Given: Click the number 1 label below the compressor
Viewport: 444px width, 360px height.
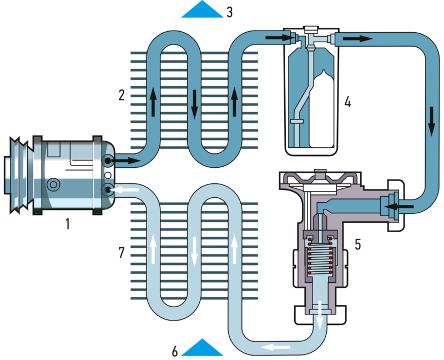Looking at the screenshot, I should click(67, 224).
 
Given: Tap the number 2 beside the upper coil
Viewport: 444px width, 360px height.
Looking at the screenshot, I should click(122, 94).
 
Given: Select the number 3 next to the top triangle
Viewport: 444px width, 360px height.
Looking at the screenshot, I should click(229, 11).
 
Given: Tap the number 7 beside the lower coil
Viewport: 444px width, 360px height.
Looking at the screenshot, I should click(122, 253).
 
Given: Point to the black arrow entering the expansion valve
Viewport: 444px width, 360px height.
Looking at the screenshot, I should click(401, 208).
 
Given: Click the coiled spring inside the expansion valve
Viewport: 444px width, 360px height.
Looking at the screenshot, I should click(319, 258).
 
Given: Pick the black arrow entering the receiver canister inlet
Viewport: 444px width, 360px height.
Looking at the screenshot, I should click(277, 38).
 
